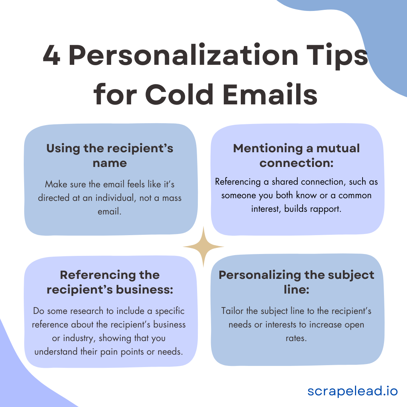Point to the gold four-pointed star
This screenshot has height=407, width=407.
(x=203, y=247)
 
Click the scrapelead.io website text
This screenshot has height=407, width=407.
(x=352, y=391)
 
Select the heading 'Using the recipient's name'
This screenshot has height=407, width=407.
(x=110, y=155)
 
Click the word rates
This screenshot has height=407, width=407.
(x=296, y=338)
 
